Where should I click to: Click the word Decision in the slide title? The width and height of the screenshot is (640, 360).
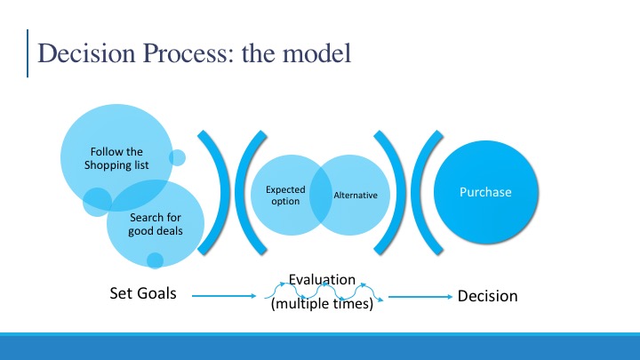[86, 53]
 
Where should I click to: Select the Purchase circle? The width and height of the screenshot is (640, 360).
[486, 192]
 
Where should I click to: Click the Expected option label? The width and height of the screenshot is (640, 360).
[285, 195]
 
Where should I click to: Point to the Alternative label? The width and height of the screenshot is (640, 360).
[356, 195]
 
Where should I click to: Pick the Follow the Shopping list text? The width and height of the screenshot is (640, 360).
[116, 158]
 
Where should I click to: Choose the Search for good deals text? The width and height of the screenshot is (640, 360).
[155, 224]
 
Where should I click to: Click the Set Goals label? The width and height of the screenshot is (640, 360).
[143, 293]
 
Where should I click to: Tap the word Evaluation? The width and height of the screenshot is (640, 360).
[322, 280]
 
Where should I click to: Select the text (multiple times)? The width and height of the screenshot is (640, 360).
[322, 304]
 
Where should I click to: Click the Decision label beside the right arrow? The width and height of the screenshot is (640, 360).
[487, 296]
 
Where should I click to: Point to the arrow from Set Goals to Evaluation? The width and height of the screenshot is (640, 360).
[224, 296]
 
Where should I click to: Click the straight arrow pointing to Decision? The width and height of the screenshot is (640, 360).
[420, 297]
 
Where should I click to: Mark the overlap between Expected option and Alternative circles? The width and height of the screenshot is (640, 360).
[320, 195]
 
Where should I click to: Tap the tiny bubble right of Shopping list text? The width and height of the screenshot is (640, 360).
[177, 157]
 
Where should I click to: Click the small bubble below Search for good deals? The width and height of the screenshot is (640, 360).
[155, 260]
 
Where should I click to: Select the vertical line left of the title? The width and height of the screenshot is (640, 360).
[28, 53]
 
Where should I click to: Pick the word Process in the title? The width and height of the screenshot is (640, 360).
[188, 53]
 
